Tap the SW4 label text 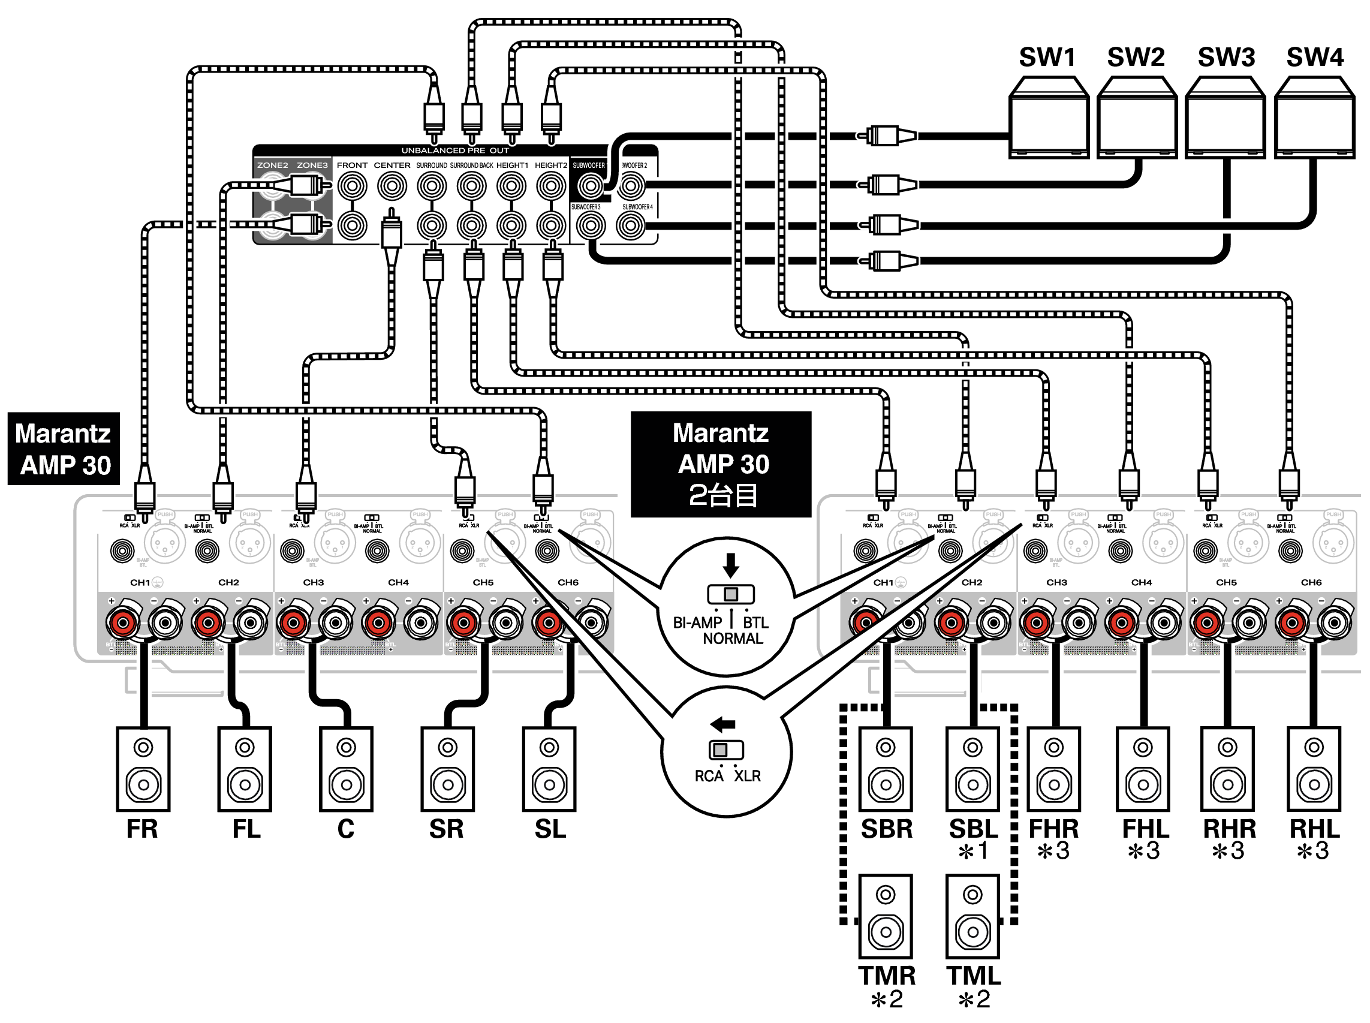[x=1314, y=58]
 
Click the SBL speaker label [x=973, y=829]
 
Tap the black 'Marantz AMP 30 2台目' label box [x=721, y=464]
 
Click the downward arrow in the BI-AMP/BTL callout [x=731, y=565]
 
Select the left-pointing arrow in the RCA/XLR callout [x=723, y=724]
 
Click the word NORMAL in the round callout [x=733, y=639]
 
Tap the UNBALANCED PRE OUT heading [x=455, y=151]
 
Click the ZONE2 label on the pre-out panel [x=272, y=166]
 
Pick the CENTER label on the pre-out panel [x=392, y=166]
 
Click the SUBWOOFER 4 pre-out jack [x=630, y=226]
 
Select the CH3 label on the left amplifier [x=313, y=582]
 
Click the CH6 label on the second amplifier [x=1311, y=582]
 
